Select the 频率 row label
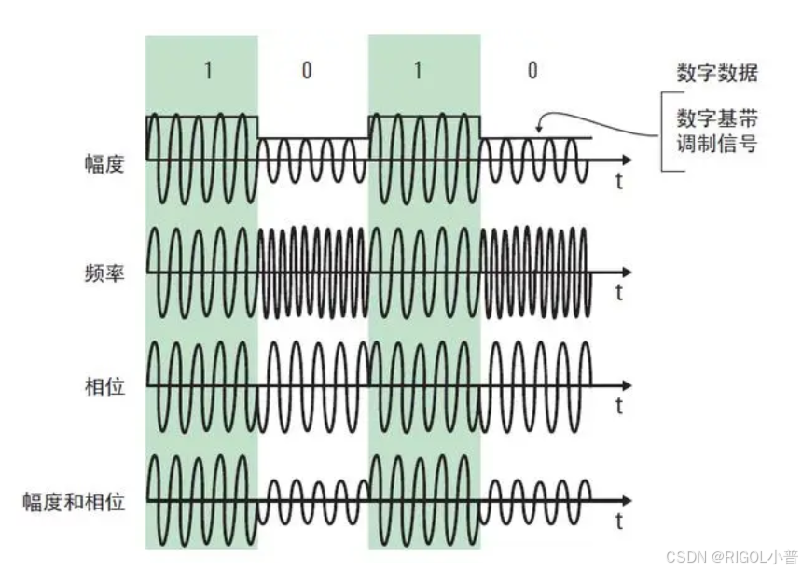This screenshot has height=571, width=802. point(104,275)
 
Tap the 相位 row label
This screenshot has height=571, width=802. point(104,385)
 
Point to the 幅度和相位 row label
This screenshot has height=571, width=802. point(74,502)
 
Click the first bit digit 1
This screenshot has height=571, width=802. point(208,71)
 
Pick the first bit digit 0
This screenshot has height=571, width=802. point(307,71)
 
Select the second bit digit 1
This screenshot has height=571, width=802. point(418,71)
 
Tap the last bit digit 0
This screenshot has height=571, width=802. point(532,71)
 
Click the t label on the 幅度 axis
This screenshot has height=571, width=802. point(618,182)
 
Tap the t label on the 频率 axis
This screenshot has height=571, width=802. point(618,293)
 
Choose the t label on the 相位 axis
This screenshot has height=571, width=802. point(618,406)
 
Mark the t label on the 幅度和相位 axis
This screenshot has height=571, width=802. point(618,521)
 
